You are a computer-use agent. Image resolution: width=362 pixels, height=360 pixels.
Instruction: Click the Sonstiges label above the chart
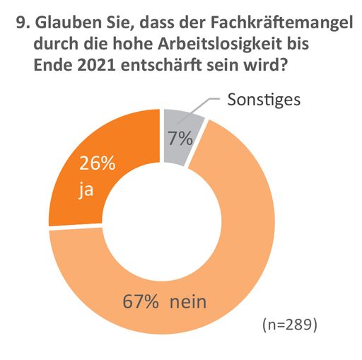tap(264, 98)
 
